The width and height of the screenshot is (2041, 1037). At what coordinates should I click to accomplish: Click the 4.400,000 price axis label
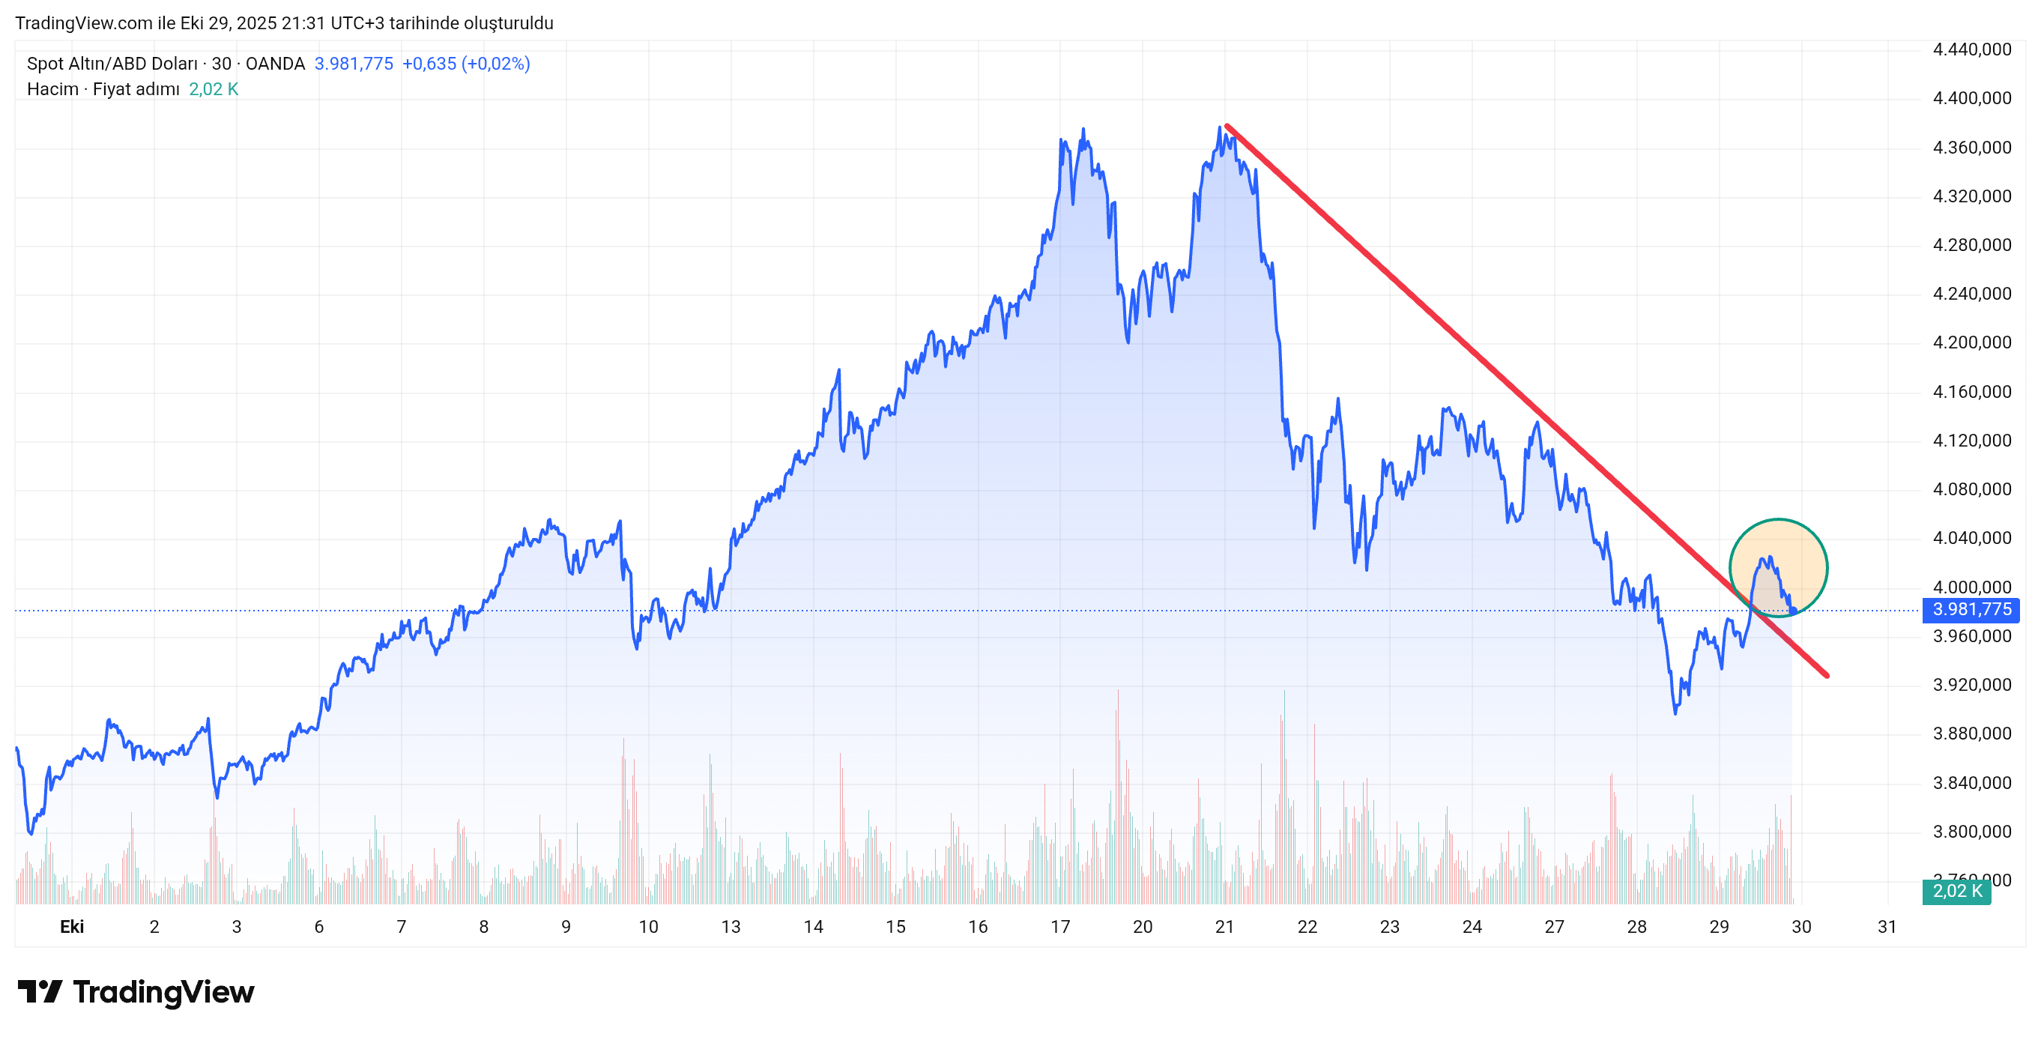pyautogui.click(x=1971, y=98)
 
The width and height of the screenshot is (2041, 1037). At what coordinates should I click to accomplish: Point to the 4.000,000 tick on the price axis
pyautogui.click(x=1971, y=587)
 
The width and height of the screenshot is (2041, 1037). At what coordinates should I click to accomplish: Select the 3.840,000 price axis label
pyautogui.click(x=1971, y=783)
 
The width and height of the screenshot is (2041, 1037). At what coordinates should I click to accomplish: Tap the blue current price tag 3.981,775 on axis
pyautogui.click(x=1971, y=609)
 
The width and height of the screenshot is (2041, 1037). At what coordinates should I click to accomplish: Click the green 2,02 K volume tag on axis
pyautogui.click(x=1956, y=891)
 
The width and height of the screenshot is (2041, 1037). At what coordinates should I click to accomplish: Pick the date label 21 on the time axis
pyautogui.click(x=1224, y=926)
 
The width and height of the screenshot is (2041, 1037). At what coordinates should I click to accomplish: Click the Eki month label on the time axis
pyautogui.click(x=72, y=926)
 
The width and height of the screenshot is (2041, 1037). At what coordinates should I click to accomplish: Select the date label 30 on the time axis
pyautogui.click(x=1801, y=926)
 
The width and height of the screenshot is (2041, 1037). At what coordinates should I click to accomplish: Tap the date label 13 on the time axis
pyautogui.click(x=731, y=926)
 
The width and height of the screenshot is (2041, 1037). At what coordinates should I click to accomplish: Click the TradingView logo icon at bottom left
pyautogui.click(x=40, y=991)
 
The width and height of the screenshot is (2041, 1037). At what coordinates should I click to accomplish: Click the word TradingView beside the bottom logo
pyautogui.click(x=163, y=992)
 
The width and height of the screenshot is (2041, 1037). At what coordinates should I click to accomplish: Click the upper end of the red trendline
pyautogui.click(x=1227, y=126)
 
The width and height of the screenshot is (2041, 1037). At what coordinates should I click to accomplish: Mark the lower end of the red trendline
pyautogui.click(x=1826, y=675)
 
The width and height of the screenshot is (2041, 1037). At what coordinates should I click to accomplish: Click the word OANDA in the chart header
pyautogui.click(x=275, y=64)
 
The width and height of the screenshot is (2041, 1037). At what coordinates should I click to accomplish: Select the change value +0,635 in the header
pyautogui.click(x=429, y=64)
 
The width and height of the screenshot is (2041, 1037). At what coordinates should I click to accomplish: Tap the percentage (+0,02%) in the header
pyautogui.click(x=496, y=64)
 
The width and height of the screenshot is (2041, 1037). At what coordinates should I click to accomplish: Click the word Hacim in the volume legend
pyautogui.click(x=52, y=88)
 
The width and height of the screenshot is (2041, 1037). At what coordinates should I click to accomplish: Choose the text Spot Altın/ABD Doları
pyautogui.click(x=112, y=64)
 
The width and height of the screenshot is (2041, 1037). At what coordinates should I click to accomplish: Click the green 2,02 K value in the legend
pyautogui.click(x=213, y=88)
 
